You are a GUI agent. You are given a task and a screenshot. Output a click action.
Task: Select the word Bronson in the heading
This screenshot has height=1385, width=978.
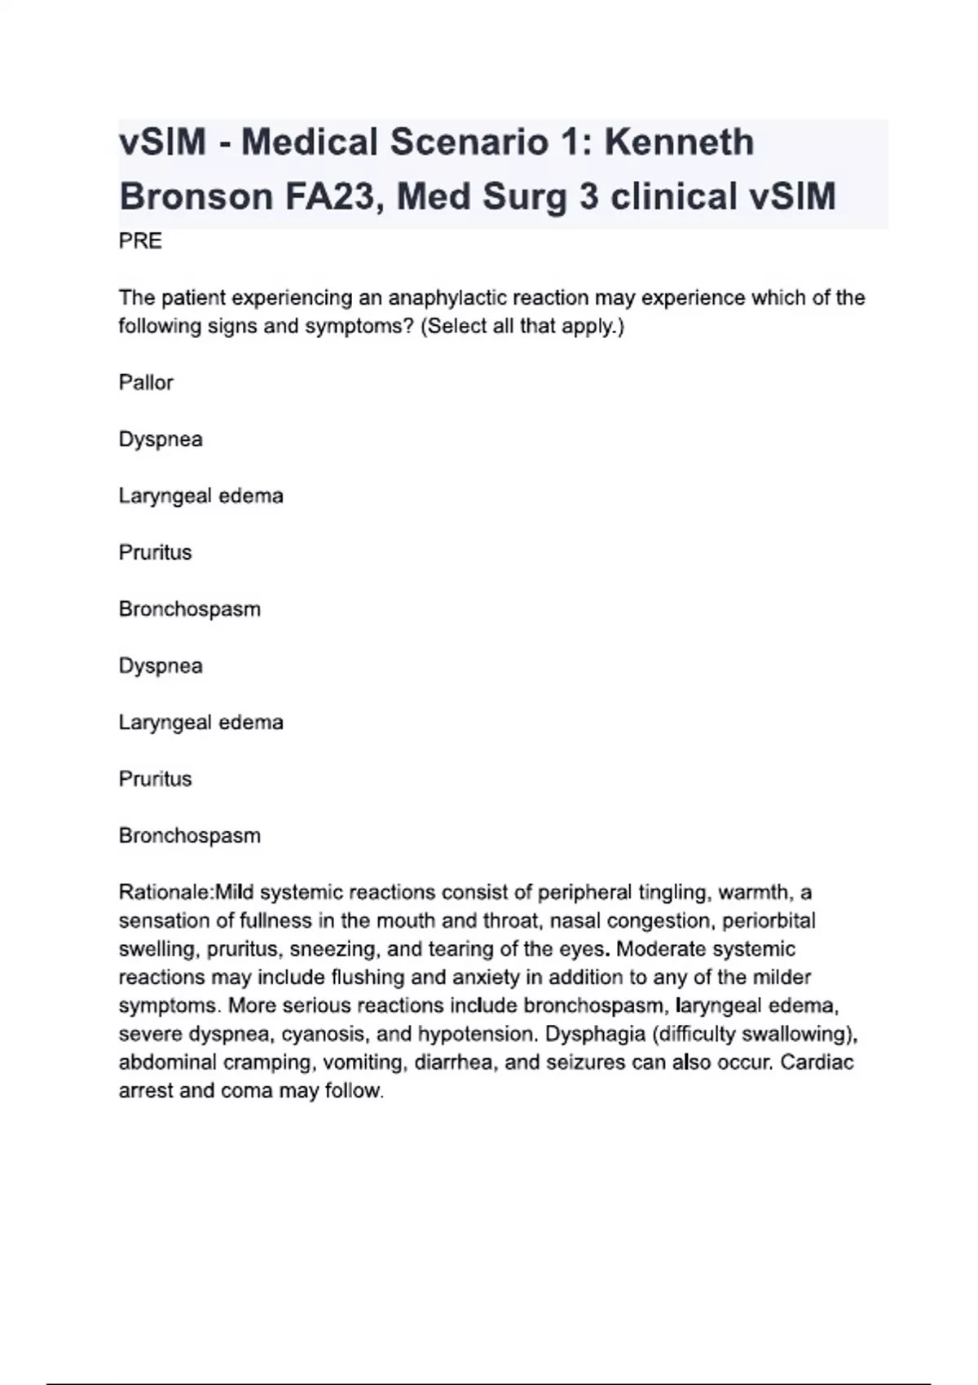point(196,197)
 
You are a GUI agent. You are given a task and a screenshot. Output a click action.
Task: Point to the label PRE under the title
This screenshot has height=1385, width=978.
point(140,241)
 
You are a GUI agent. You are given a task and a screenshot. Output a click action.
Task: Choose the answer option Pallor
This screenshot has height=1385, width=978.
point(146,383)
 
